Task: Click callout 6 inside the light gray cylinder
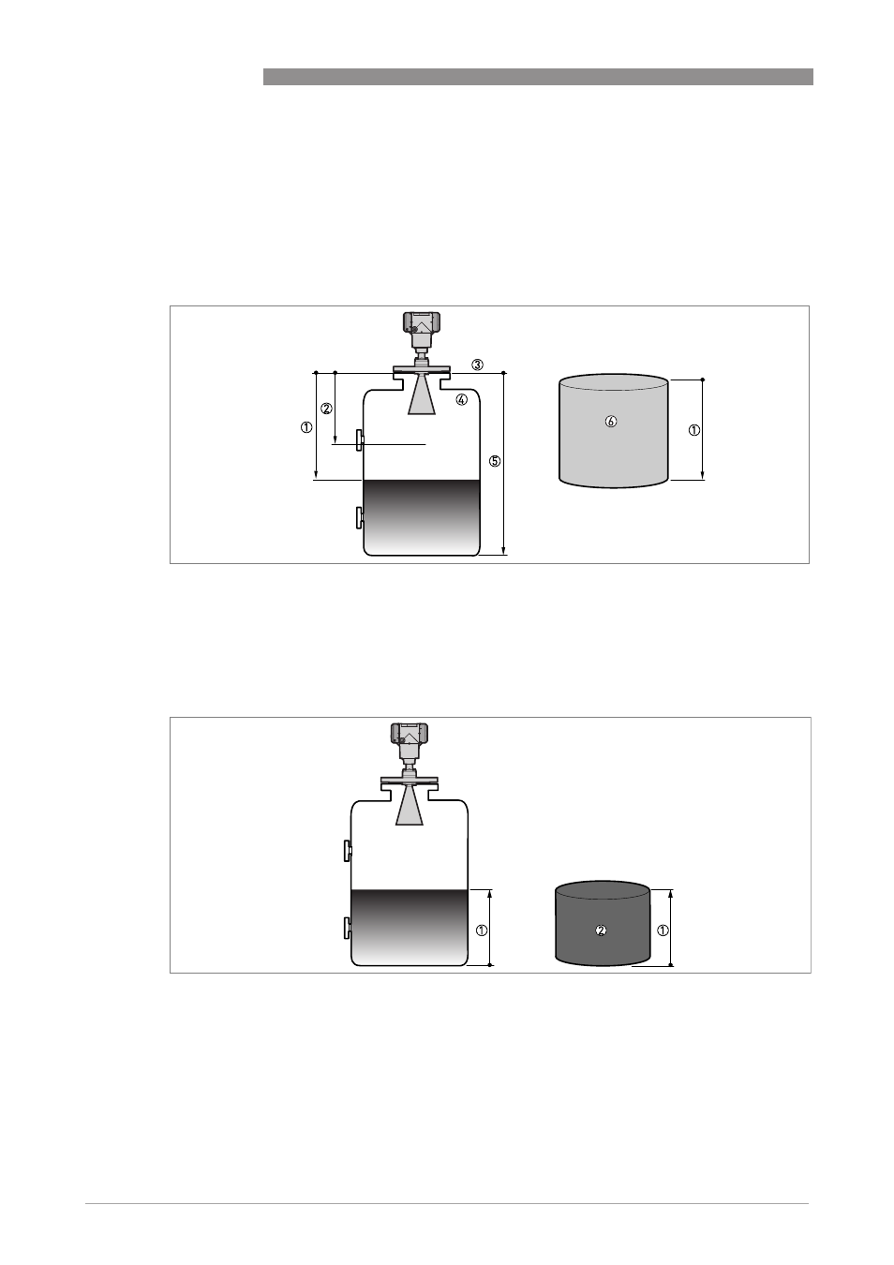(610, 422)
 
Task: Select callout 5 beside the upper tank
(494, 461)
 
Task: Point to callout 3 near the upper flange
(478, 365)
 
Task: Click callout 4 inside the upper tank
(462, 399)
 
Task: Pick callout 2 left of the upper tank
(326, 409)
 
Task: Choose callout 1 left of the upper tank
(306, 427)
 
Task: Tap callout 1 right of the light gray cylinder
(694, 430)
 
